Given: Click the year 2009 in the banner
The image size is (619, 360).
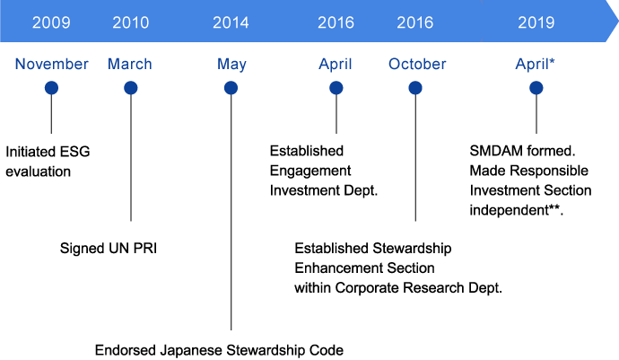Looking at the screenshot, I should coord(51,22).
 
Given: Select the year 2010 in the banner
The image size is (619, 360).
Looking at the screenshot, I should coord(131,22).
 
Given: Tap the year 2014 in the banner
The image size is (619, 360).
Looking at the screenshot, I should coord(231,22).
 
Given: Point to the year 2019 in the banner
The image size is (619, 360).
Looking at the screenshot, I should coord(536,22).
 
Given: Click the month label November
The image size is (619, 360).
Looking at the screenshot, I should coord(52,65).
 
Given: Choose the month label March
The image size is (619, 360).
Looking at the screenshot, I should coord(130,65).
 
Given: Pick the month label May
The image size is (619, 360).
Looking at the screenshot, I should coord(231,65).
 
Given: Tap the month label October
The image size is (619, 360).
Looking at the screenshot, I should coord(417,65).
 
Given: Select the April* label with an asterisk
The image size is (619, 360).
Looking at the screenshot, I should coord(536,65).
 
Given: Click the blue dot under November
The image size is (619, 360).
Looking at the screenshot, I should coord(51,88).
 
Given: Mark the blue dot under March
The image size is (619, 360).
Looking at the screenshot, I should coord(131,88).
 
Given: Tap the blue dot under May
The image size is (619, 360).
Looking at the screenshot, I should coord(231,88).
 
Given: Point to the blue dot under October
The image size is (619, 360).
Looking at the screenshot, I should coord(416,88).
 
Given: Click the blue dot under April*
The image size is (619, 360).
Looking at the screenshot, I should coord(536,88).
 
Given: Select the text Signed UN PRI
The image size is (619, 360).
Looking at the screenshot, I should coord(103,246).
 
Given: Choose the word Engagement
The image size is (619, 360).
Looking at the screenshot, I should coord(310,170).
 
